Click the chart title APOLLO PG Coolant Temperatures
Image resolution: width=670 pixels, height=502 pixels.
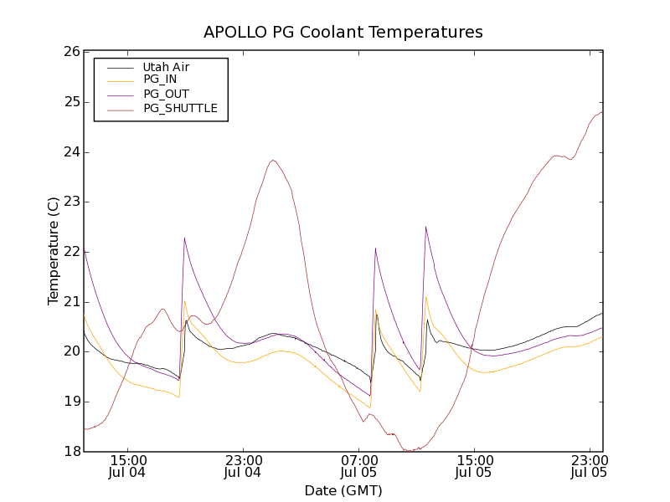[343, 33]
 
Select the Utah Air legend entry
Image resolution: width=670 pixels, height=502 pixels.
[166, 67]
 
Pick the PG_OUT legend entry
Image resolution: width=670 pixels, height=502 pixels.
[166, 94]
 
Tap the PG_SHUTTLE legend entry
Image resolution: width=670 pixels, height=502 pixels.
[180, 108]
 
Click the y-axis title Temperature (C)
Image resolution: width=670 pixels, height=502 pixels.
[54, 251]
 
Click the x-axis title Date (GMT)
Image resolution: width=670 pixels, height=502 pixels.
[343, 490]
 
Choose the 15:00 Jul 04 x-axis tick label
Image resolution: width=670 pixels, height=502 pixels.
[128, 466]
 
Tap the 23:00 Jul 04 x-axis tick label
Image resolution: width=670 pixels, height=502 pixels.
[243, 466]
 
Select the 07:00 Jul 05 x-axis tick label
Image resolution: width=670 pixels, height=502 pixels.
[358, 466]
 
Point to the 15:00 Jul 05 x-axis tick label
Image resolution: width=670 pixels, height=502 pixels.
[473, 466]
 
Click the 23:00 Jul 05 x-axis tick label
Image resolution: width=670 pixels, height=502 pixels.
[589, 466]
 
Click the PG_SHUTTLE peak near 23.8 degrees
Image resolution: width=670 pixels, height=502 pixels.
[273, 160]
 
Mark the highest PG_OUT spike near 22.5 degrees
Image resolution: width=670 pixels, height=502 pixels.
[425, 227]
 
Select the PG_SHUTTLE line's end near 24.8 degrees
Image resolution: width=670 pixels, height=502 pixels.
[602, 111]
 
